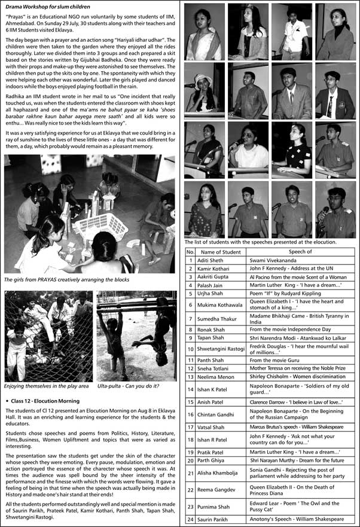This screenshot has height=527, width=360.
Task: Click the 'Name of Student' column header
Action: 220,252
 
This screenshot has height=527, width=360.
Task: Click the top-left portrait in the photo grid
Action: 205,32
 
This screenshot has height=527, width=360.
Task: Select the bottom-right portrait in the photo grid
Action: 335,209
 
